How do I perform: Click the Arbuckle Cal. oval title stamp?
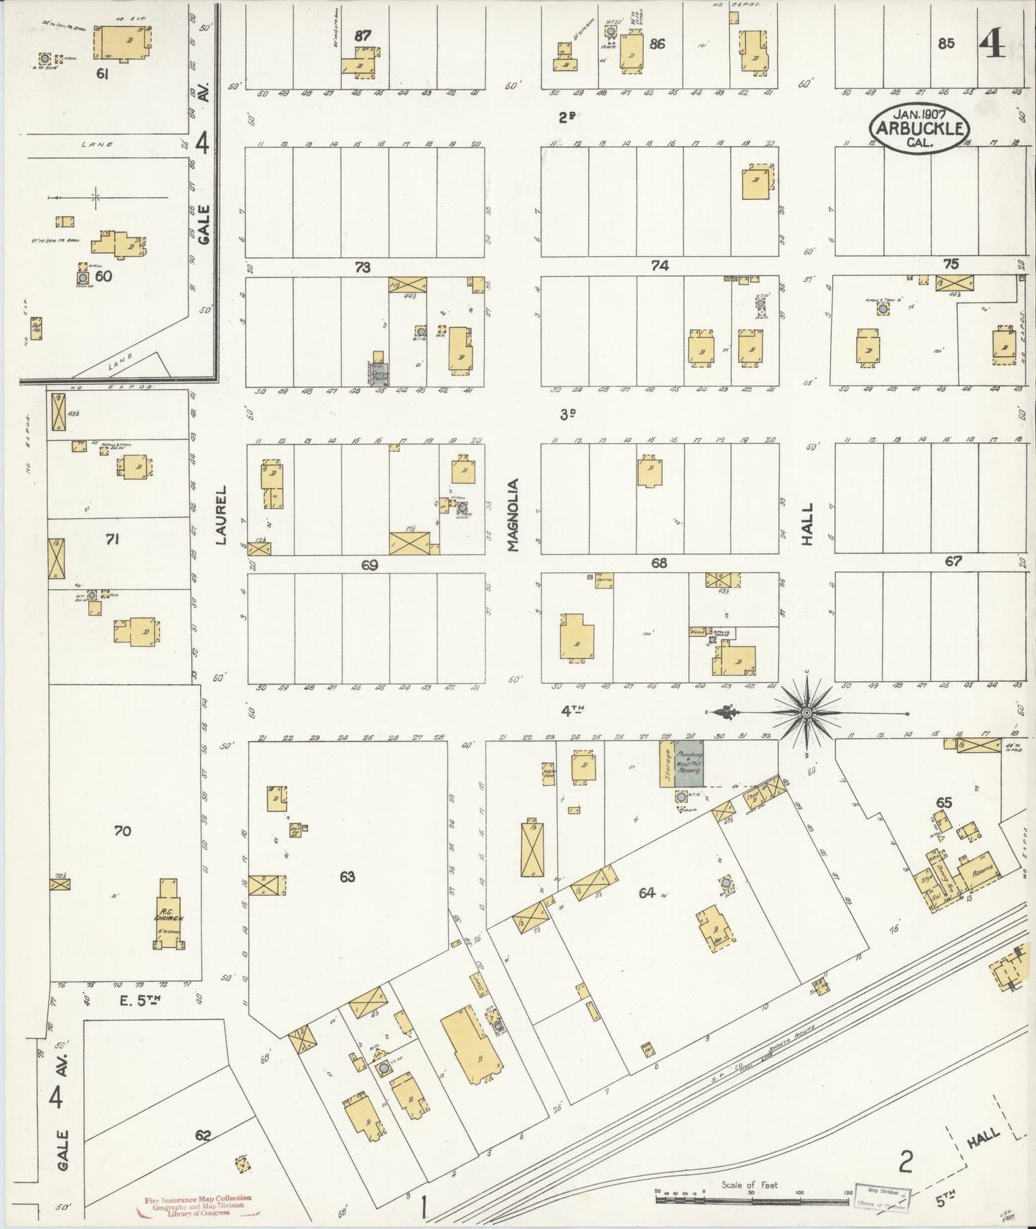919,129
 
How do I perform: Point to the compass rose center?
806,713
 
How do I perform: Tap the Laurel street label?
221,514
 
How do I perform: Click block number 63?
347,876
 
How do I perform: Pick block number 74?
659,266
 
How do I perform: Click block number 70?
122,831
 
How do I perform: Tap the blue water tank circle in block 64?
726,882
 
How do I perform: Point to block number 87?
363,35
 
